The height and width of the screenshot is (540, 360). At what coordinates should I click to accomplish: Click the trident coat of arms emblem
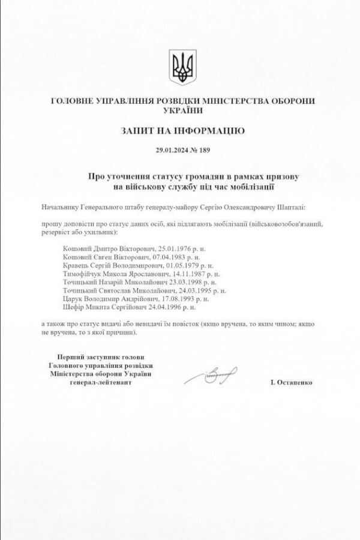pos(182,67)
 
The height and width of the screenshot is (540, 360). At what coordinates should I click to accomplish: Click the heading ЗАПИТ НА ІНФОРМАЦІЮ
pos(182,130)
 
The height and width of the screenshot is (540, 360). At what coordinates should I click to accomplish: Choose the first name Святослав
pos(121,290)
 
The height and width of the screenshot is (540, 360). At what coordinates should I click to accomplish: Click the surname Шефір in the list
pos(74,307)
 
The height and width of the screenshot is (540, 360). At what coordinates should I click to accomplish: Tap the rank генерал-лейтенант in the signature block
pos(100,382)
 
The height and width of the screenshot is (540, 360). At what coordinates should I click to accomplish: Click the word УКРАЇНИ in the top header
pos(182,110)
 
